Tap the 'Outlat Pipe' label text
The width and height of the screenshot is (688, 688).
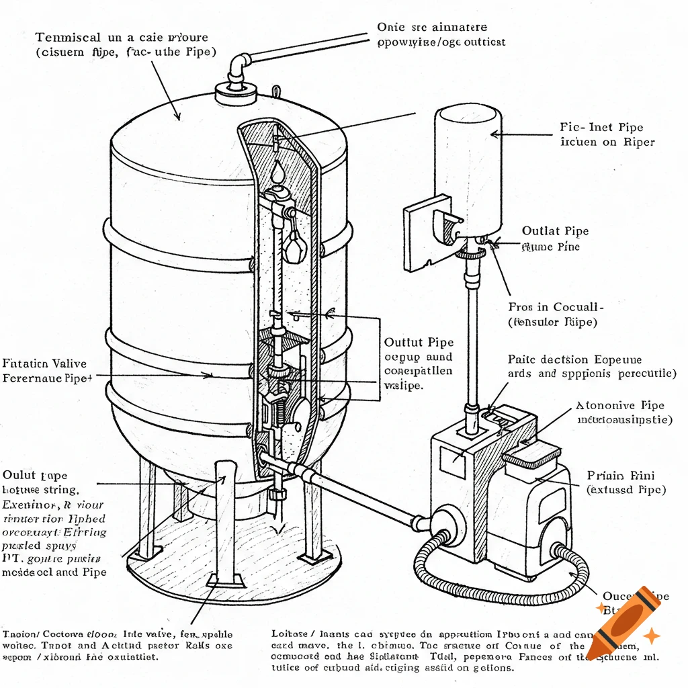pos(555,231)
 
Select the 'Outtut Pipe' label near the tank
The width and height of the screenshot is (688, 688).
pos(418,342)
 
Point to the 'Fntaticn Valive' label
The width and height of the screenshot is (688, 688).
pos(45,363)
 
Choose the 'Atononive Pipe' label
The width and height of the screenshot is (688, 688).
pos(620,406)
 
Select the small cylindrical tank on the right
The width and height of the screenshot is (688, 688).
pos(468,168)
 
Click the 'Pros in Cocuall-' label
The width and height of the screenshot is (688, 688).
pos(556,306)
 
